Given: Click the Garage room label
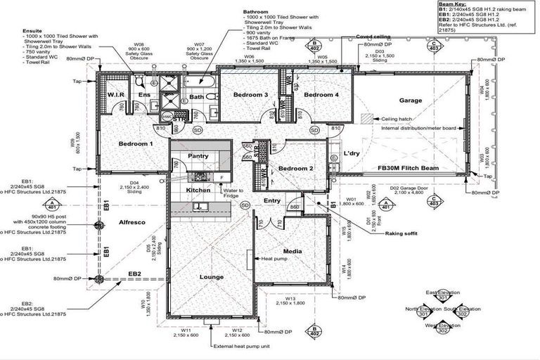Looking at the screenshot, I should coord(411,101).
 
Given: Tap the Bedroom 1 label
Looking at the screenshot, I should coord(136,143).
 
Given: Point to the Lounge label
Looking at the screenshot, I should coord(212,277).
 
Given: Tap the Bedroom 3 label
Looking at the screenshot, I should coord(252,95).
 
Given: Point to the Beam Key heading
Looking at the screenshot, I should coord(450,4).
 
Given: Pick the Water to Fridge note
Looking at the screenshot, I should coord(233,193).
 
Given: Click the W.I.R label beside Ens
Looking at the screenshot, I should coord(115,94).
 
